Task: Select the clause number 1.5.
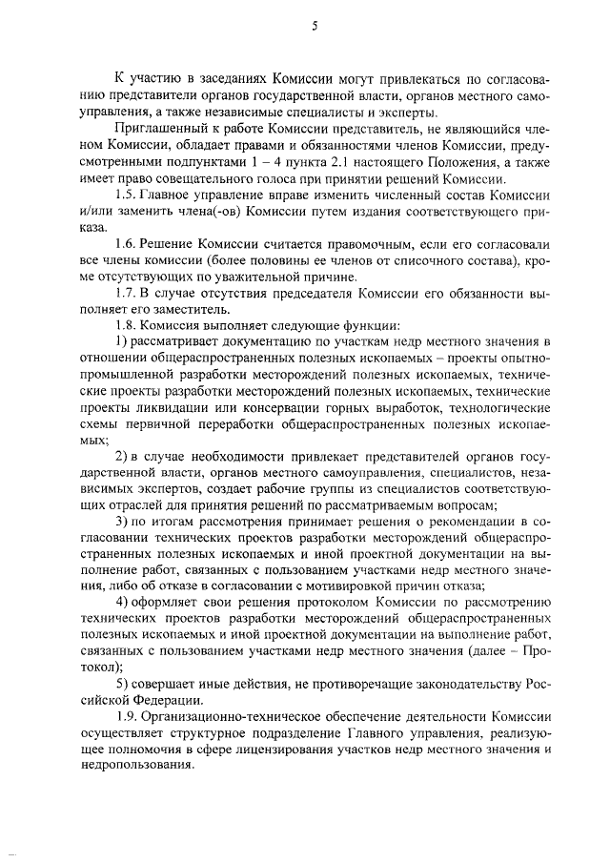pos(126,195)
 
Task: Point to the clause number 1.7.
pos(126,294)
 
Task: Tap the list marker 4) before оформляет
pos(122,602)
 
